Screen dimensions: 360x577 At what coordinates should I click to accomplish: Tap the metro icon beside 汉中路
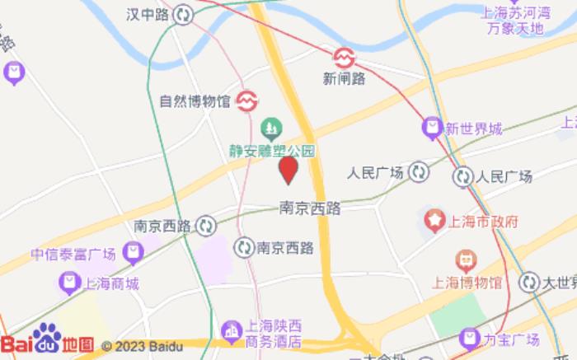click(x=184, y=14)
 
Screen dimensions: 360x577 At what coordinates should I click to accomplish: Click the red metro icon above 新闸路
click(x=344, y=57)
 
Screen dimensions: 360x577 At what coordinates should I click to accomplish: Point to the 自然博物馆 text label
click(x=194, y=101)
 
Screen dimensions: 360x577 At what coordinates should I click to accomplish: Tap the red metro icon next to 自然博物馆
click(x=246, y=101)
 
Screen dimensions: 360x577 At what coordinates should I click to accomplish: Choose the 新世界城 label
click(x=473, y=129)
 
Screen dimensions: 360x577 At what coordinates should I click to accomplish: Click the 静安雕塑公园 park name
click(x=272, y=152)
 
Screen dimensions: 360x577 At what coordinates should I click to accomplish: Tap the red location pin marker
click(x=288, y=170)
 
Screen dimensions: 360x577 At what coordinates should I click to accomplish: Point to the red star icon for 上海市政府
click(x=434, y=221)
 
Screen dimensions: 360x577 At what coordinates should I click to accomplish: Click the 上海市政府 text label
click(x=482, y=222)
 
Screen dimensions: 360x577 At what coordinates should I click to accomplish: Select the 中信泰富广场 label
click(x=73, y=253)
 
